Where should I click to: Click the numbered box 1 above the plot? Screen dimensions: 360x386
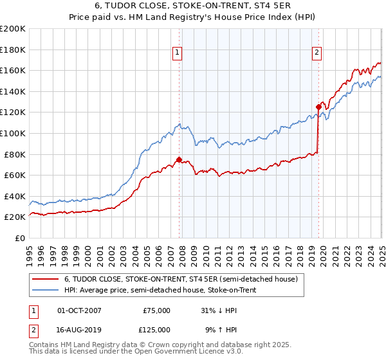[177, 53]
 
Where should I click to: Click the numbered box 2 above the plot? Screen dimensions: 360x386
[318, 53]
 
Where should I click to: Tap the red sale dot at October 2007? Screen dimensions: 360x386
[179, 159]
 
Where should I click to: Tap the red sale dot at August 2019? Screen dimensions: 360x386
[318, 107]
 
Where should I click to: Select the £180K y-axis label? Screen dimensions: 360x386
[13, 50]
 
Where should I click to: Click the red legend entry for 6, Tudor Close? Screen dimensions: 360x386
[181, 280]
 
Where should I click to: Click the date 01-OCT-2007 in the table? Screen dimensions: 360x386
[79, 310]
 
